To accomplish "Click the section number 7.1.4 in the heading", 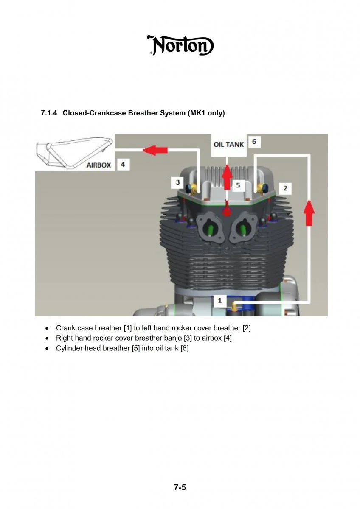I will (x=49, y=113).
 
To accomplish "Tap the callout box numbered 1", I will (x=219, y=300).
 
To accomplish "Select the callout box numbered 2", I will (x=285, y=188).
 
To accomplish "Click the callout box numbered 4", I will (x=123, y=164).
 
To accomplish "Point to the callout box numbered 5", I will (x=238, y=185).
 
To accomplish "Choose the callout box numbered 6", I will (x=254, y=141).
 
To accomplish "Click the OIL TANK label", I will (x=228, y=144).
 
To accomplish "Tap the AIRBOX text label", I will (x=98, y=165).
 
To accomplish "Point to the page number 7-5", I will (x=180, y=487).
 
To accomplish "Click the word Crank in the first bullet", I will (x=65, y=328).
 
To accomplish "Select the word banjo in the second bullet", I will (x=173, y=338).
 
